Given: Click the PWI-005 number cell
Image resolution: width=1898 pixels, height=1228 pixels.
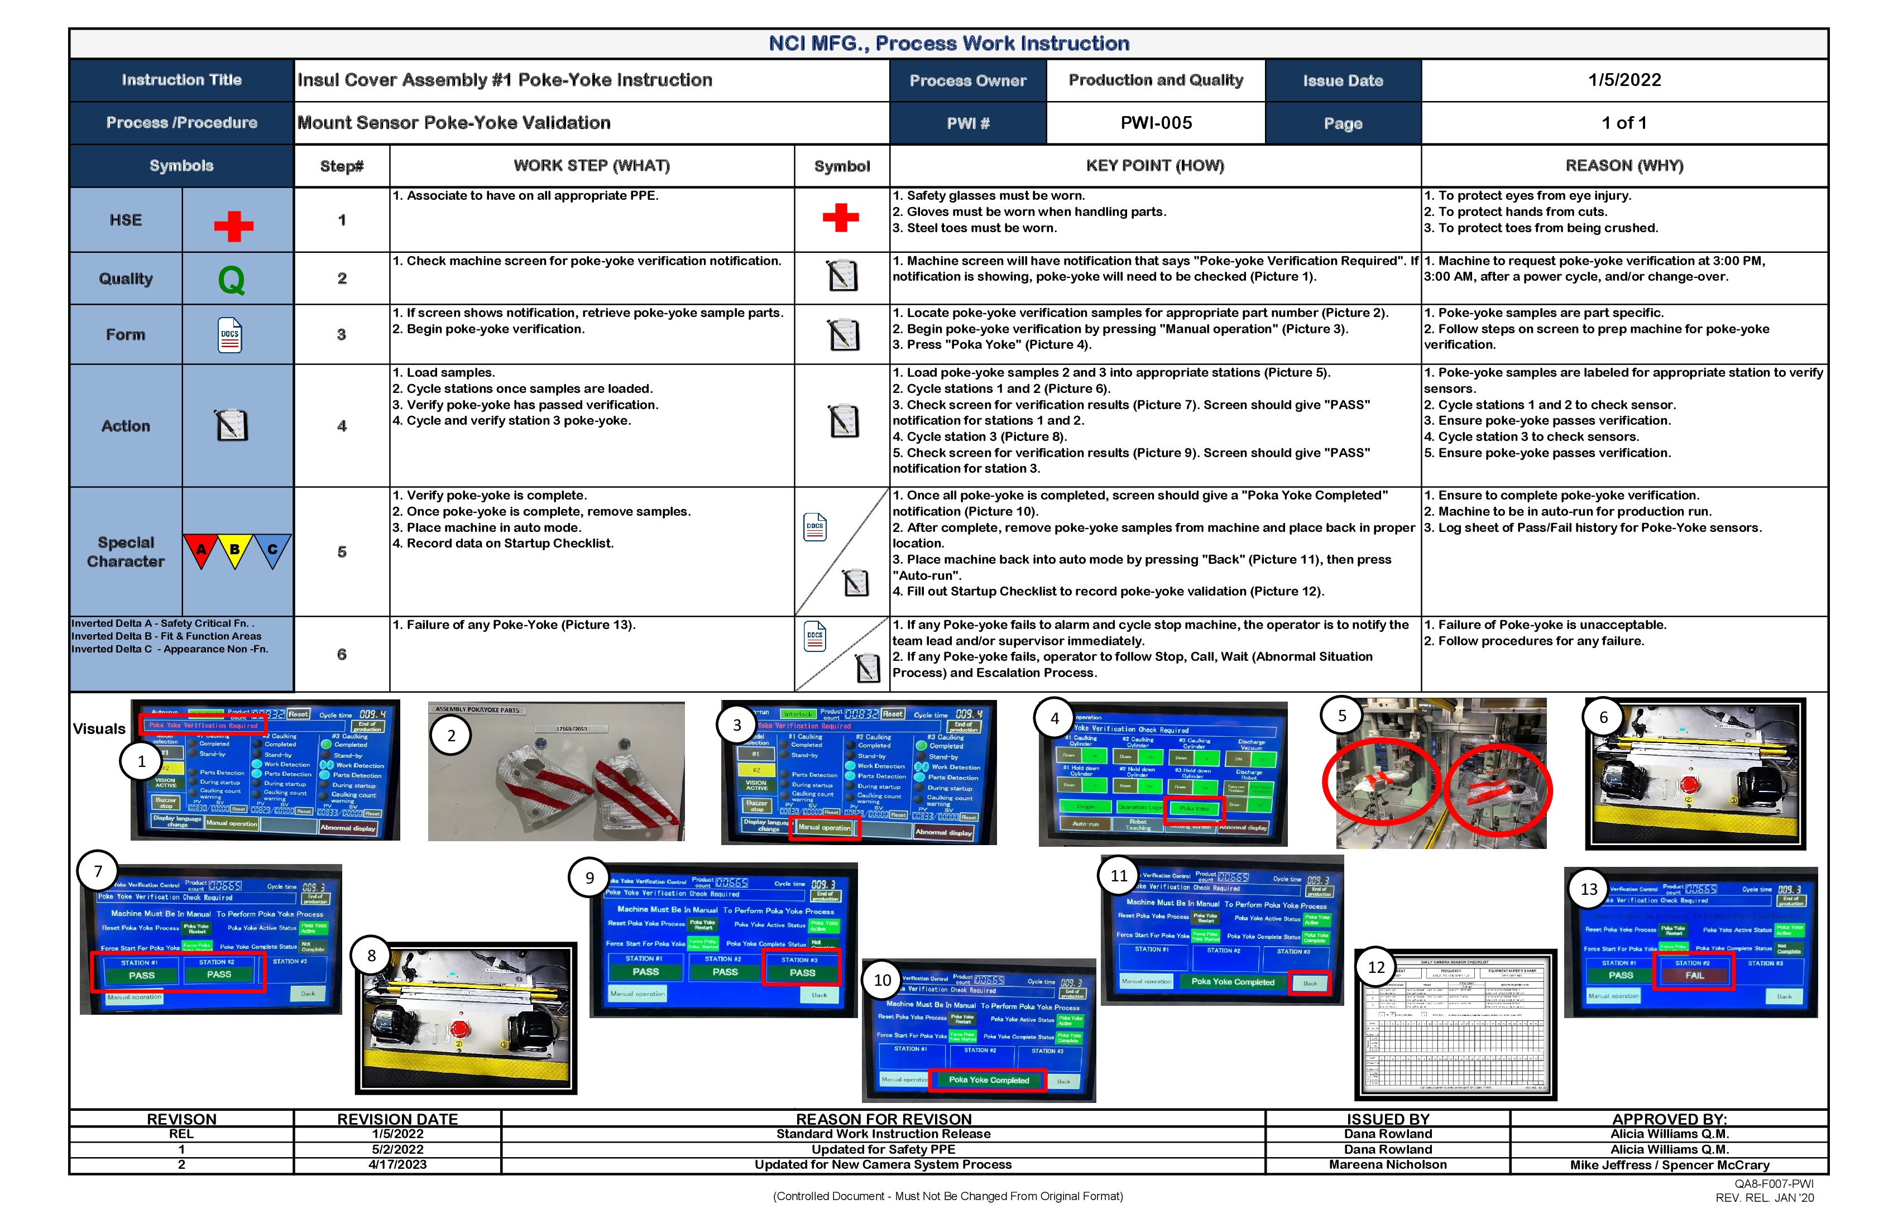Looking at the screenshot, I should click(x=1156, y=123).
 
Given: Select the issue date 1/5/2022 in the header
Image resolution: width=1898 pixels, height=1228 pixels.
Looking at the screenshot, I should click(x=1624, y=80).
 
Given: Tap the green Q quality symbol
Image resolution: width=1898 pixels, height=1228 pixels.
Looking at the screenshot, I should click(x=231, y=280).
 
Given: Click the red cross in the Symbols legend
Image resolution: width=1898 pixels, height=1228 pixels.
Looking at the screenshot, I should click(x=234, y=226).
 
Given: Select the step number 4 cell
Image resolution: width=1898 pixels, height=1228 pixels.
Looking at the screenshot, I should click(x=341, y=426).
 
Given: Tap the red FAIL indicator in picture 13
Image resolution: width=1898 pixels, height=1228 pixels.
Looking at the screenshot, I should click(x=1694, y=975).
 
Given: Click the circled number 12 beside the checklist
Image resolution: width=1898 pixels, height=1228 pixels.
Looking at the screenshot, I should click(x=1377, y=967).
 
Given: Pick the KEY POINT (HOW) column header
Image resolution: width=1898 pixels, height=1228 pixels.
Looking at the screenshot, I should click(x=1155, y=166).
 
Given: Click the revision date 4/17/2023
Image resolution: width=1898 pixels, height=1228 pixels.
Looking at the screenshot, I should click(x=397, y=1164).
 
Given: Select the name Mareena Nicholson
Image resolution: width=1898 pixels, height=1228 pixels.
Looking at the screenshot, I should click(x=1388, y=1164).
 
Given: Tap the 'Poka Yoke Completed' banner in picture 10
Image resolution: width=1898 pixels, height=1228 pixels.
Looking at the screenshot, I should click(x=989, y=1080).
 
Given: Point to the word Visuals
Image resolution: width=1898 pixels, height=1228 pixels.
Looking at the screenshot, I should click(x=99, y=729).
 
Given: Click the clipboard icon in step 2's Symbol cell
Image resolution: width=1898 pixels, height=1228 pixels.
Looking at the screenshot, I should click(x=842, y=276).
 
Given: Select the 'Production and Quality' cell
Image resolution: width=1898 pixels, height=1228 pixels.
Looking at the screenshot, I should click(x=1156, y=80).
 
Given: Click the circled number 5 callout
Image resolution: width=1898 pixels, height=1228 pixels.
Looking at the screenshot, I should click(x=1342, y=715).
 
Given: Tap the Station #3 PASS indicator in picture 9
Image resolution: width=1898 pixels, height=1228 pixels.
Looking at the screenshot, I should click(x=802, y=972).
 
